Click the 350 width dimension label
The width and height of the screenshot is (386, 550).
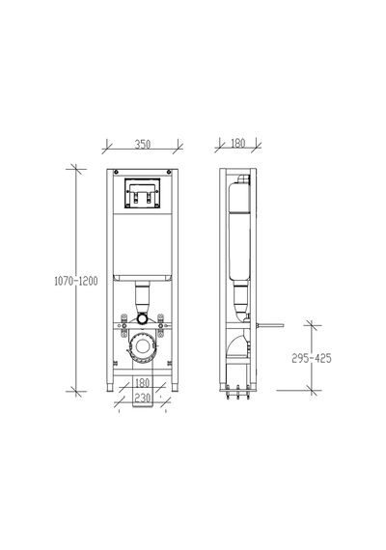[143, 144]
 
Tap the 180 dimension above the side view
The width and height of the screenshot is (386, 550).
[238, 143]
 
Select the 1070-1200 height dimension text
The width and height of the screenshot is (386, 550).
[76, 281]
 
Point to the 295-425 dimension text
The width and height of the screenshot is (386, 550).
[312, 358]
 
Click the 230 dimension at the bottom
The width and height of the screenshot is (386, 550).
[143, 399]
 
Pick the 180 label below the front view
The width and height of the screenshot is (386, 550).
[143, 383]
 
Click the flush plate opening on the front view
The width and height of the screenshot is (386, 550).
[142, 193]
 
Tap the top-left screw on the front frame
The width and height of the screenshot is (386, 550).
[116, 172]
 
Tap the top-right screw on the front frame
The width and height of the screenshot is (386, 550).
[169, 172]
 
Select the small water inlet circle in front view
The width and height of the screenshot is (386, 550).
[143, 318]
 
